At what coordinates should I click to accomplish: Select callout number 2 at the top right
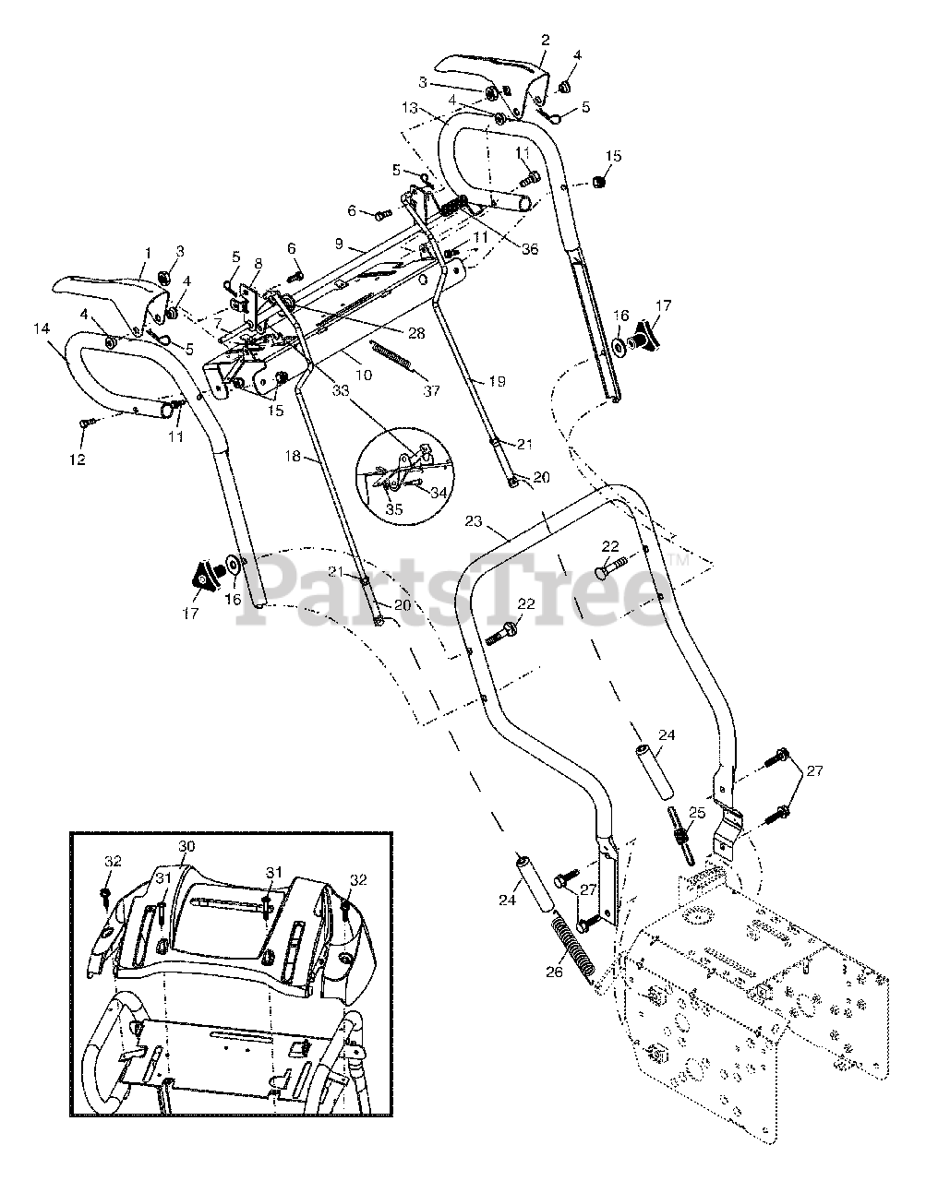click(545, 40)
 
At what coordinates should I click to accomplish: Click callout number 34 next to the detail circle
click(438, 492)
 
